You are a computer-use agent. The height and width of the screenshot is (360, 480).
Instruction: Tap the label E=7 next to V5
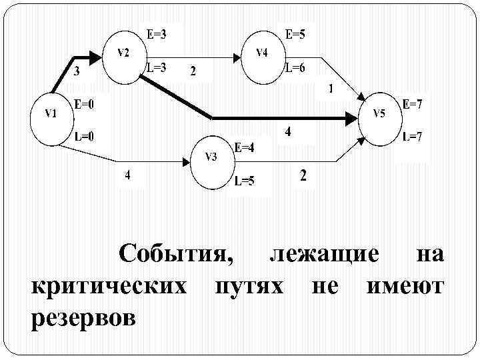pos(412,105)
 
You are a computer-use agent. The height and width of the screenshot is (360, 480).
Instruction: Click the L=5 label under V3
pos(244,181)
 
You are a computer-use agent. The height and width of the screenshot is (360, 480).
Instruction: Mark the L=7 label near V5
pos(412,137)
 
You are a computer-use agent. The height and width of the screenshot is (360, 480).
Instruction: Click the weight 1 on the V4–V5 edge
pos(331,88)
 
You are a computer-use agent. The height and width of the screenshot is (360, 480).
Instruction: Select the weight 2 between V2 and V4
pos(193,72)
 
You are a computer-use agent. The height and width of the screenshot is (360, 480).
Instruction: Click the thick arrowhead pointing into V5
pos(351,118)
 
